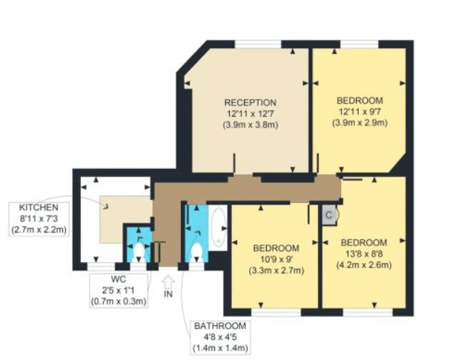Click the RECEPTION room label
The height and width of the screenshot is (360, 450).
[x=251, y=102]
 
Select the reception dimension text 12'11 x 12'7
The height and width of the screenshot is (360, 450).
[x=251, y=113]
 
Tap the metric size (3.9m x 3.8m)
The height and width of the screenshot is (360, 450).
[x=251, y=125]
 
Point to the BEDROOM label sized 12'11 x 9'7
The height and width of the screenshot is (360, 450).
[x=360, y=101]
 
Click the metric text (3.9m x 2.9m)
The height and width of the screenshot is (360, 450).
[x=360, y=123]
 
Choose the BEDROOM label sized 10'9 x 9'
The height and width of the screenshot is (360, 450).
[x=276, y=247]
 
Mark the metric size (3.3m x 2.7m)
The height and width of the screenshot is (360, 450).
[x=276, y=270]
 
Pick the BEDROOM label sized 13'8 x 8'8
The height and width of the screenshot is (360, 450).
[x=363, y=242]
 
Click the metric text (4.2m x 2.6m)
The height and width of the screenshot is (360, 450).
[x=363, y=264]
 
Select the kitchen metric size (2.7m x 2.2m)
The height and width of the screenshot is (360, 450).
[x=39, y=230]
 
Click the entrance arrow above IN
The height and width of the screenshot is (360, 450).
[x=167, y=282]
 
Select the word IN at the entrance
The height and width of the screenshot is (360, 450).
[x=167, y=295]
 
